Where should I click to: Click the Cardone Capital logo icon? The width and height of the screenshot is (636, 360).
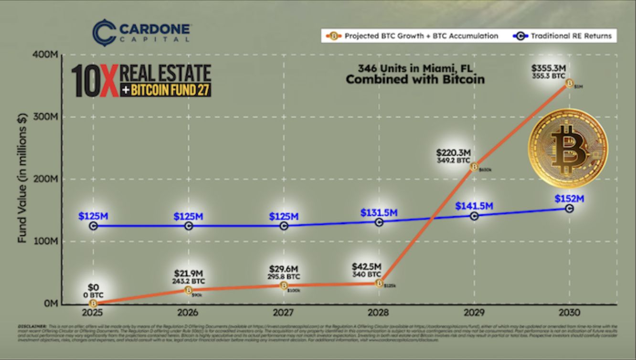tap(104, 32)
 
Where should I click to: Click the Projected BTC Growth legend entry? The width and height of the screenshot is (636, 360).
tap(413, 36)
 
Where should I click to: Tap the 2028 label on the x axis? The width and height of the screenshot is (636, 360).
tap(379, 313)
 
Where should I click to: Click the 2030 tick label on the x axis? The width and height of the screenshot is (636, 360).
tap(569, 313)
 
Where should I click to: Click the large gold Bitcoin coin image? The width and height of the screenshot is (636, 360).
tap(568, 148)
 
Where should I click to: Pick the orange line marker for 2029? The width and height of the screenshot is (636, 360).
tap(474, 166)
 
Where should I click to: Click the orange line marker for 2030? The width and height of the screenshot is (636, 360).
tap(569, 83)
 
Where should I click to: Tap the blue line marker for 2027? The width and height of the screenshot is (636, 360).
tap(284, 225)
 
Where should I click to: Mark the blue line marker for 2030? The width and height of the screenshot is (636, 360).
tap(569, 208)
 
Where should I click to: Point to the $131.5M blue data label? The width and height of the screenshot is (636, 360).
tap(379, 212)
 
